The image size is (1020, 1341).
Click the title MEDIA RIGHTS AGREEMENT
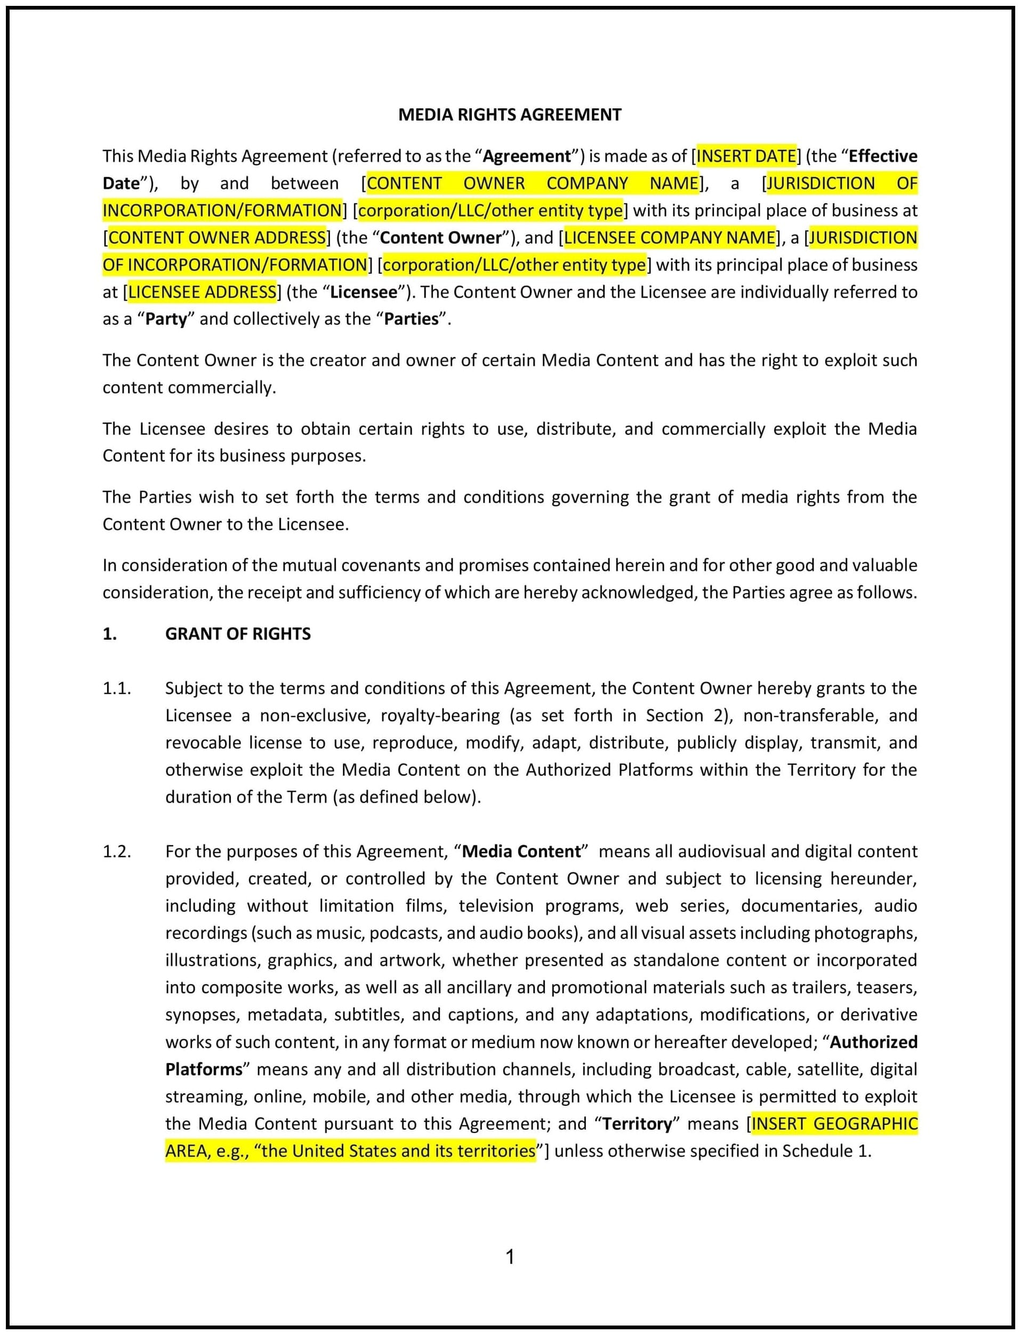pos(509,115)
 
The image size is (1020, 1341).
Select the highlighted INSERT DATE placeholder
pos(746,156)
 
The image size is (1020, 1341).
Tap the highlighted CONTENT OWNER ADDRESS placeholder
pos(217,237)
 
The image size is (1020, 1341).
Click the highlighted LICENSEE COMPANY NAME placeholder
pos(670,237)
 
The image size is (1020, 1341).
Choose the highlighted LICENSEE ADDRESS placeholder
pos(202,292)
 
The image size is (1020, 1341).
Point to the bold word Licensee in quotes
pos(363,292)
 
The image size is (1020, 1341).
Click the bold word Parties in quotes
pos(411,319)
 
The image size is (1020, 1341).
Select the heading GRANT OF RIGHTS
pos(237,634)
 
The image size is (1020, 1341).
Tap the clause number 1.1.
pos(117,688)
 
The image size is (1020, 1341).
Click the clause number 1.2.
pos(117,851)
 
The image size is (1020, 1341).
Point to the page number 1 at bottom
pos(510,1256)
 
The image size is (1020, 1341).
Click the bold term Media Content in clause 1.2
pos(521,851)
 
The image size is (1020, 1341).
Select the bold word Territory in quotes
pos(637,1123)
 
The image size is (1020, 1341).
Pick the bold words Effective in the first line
pos(882,156)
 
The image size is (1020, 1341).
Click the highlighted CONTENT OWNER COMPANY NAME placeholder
pos(533,183)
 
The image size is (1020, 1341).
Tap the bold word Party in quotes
pos(166,319)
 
